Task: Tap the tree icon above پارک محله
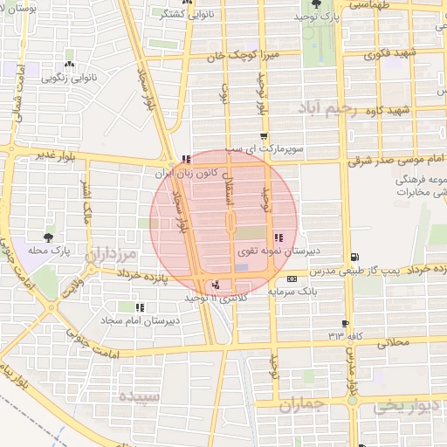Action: point(47,237)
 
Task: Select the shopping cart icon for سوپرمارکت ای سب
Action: point(264,136)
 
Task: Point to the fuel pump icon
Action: point(353,257)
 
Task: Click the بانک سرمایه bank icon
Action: point(292,279)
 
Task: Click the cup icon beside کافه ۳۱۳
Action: point(346,324)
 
